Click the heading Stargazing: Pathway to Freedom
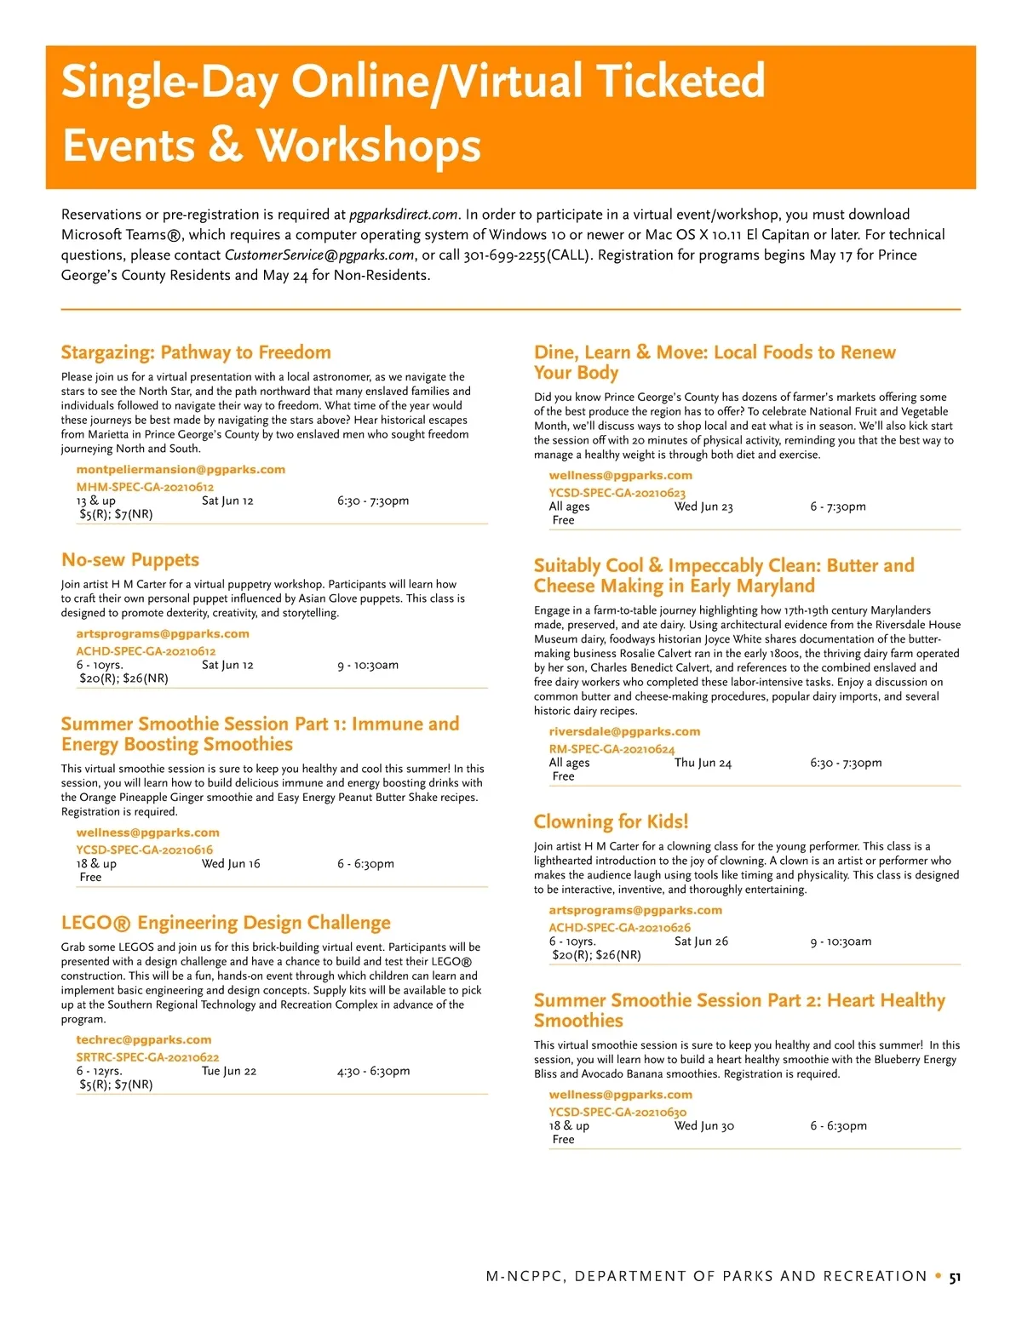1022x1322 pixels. click(196, 352)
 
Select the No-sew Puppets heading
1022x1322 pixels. click(130, 560)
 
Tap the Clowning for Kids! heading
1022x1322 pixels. click(611, 821)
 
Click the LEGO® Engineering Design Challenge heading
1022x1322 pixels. click(226, 923)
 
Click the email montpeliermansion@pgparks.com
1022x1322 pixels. click(181, 470)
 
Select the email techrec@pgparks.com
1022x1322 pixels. click(144, 1040)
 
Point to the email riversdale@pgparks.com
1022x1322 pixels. click(624, 732)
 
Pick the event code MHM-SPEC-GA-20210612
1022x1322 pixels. click(145, 487)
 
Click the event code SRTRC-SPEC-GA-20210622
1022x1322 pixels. click(147, 1057)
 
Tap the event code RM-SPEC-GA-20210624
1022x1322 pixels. click(611, 749)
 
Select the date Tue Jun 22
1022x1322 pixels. click(229, 1071)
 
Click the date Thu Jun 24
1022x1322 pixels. click(703, 763)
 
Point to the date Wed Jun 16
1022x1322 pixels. click(231, 863)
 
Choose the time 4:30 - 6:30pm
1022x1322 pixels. click(373, 1071)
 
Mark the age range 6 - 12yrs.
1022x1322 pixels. click(99, 1071)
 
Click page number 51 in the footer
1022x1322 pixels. click(955, 1277)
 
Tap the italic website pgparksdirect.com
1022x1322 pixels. click(404, 215)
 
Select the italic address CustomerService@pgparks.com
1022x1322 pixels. click(319, 255)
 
